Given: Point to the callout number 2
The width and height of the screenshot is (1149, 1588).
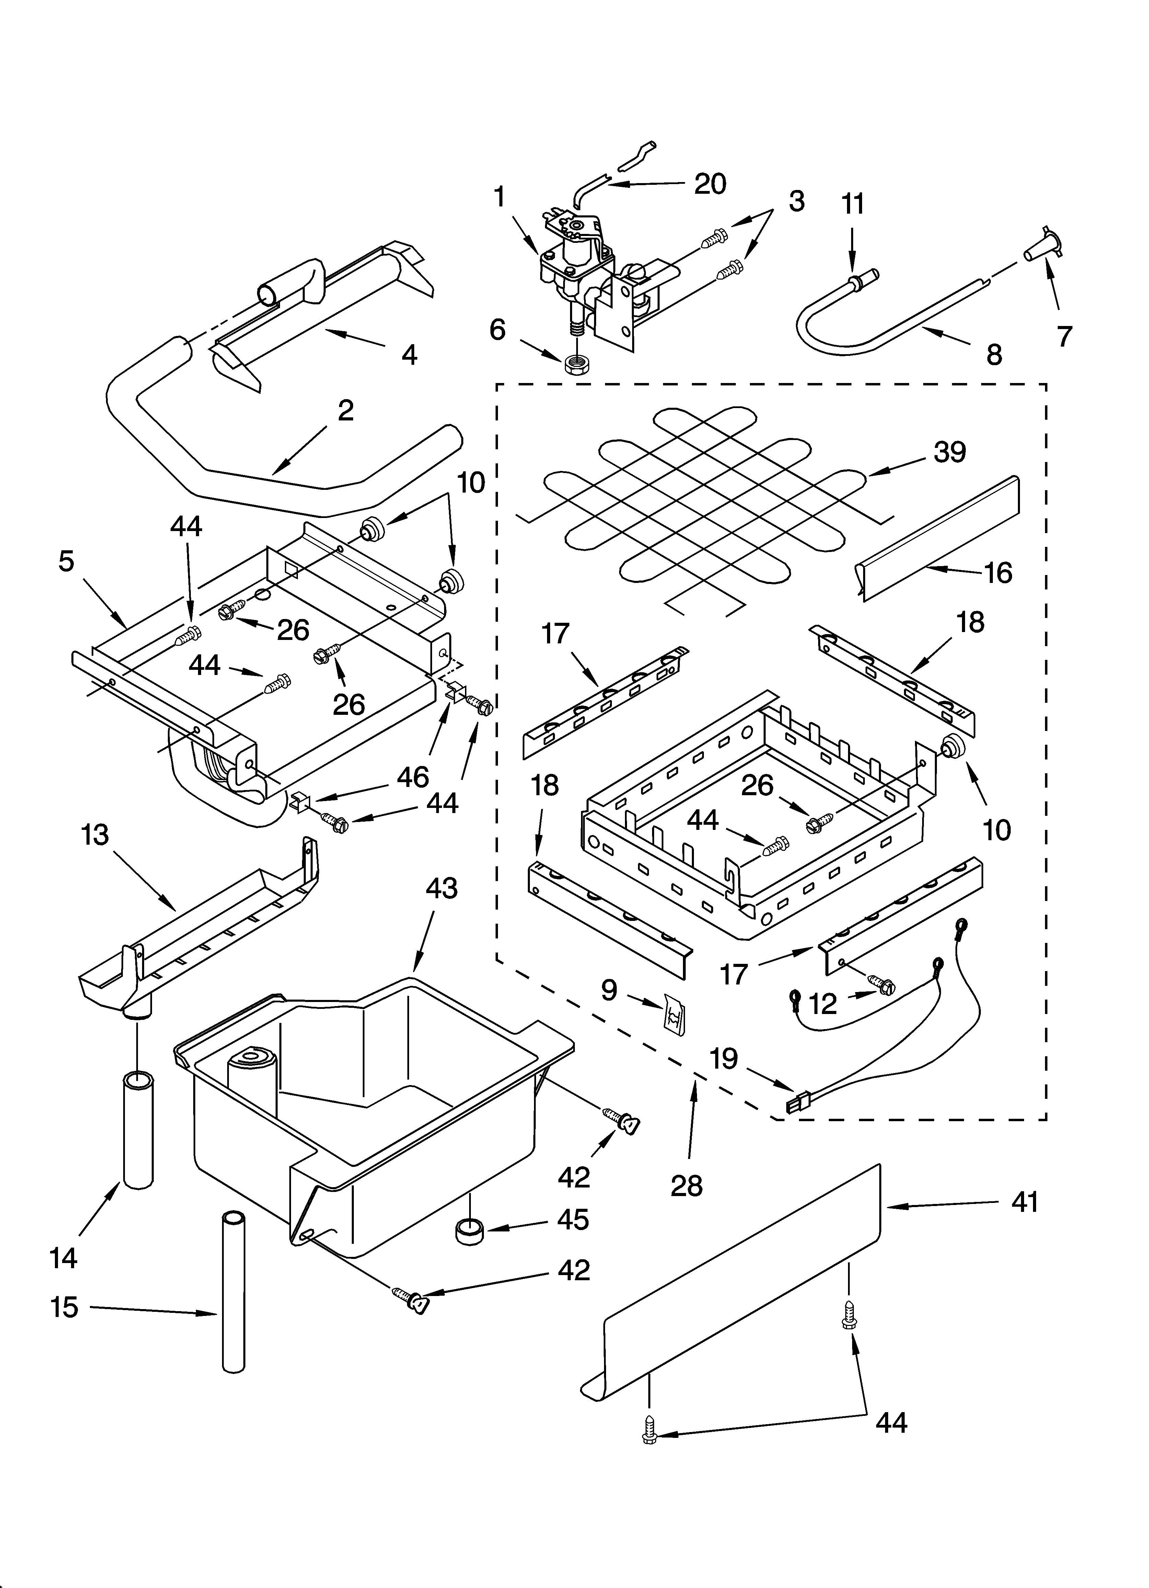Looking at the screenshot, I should click(345, 411).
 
